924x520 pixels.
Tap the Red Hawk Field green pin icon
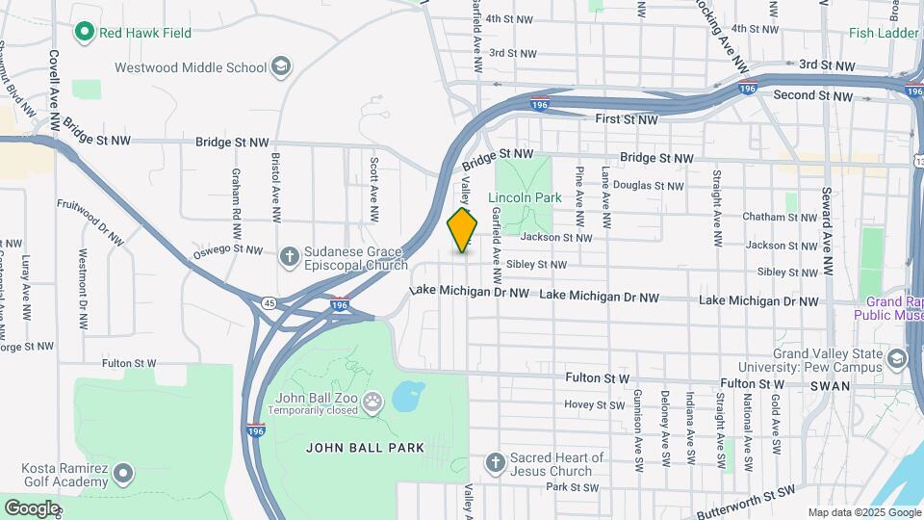pyautogui.click(x=84, y=33)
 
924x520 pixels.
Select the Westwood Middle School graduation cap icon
pyautogui.click(x=281, y=67)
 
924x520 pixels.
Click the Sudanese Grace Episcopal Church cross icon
pyautogui.click(x=288, y=257)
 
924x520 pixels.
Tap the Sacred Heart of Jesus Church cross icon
pyautogui.click(x=496, y=464)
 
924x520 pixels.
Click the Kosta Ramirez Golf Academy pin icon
pyautogui.click(x=123, y=473)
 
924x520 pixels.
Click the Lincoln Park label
pyautogui.click(x=524, y=197)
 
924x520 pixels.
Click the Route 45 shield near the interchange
pyautogui.click(x=269, y=303)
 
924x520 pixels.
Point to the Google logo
pyautogui.click(x=32, y=507)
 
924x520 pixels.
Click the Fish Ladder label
pyautogui.click(x=884, y=33)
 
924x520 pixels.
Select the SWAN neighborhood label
pyautogui.click(x=831, y=385)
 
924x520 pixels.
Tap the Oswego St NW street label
pyautogui.click(x=228, y=250)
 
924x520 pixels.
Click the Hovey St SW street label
pyautogui.click(x=594, y=405)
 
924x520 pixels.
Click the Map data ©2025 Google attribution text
pyautogui.click(x=863, y=512)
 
